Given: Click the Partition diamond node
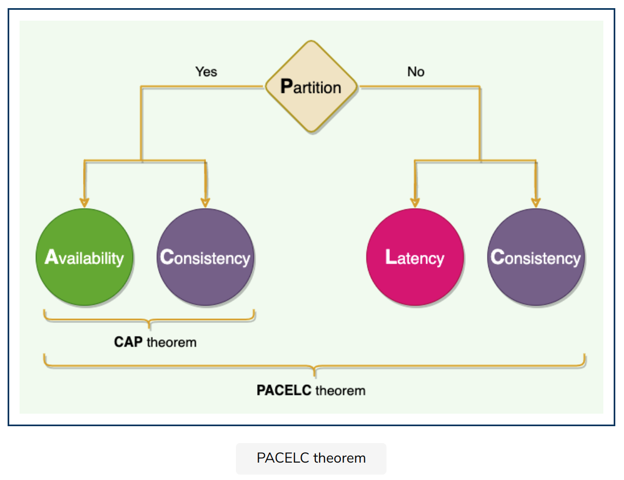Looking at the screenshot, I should click(311, 87).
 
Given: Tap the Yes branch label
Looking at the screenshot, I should click(206, 72).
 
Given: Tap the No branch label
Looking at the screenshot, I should click(416, 72).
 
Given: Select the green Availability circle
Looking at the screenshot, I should click(84, 257).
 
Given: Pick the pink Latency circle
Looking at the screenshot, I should click(415, 257).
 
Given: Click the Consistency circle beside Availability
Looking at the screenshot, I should click(205, 257).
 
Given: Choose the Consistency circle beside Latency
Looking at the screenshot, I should click(536, 257).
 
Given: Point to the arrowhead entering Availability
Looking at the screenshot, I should click(84, 203).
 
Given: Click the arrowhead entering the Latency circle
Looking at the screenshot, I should click(415, 203).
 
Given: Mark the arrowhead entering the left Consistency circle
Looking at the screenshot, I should click(205, 203).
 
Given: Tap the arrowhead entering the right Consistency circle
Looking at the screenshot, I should click(536, 203).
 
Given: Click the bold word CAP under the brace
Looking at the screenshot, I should click(128, 342).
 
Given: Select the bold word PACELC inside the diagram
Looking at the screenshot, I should click(284, 390).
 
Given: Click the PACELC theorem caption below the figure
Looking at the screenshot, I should click(311, 458).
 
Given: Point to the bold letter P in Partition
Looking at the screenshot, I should click(286, 86).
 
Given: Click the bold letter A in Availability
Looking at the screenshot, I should click(51, 257).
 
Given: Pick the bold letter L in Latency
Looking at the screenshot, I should click(390, 257).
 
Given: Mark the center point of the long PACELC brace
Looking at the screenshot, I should click(315, 371).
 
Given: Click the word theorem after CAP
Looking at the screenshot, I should click(171, 342).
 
